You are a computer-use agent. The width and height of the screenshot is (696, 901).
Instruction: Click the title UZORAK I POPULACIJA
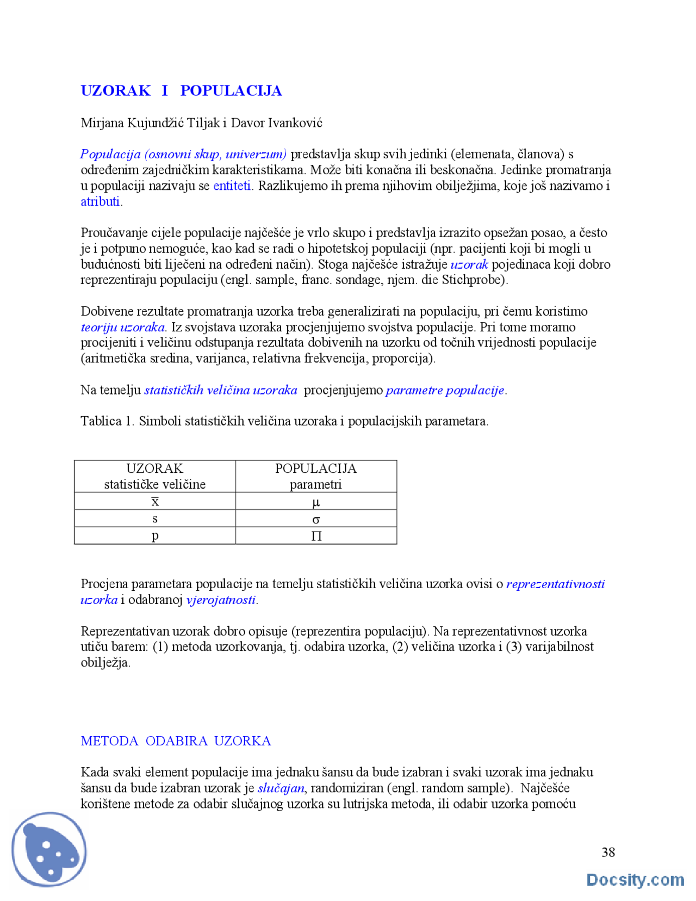click(x=181, y=90)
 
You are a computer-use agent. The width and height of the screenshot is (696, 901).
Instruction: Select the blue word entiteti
click(x=232, y=186)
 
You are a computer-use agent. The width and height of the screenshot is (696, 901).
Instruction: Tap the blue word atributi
click(x=100, y=202)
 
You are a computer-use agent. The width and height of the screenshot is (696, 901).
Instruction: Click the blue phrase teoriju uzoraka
click(x=123, y=327)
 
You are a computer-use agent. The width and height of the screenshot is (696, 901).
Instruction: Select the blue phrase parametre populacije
click(x=445, y=390)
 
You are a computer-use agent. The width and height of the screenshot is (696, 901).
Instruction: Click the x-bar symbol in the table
click(x=155, y=501)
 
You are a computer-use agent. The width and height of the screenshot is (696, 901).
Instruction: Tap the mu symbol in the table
click(x=316, y=502)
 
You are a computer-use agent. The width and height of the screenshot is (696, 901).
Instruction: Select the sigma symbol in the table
click(x=316, y=519)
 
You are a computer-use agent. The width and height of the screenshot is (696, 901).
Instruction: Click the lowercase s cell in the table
click(x=155, y=519)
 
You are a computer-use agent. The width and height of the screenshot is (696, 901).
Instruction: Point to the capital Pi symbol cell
click(x=316, y=536)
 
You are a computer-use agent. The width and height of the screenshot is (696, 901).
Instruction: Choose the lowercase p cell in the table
click(x=155, y=536)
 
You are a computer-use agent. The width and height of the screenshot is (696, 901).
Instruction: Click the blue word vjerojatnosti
click(x=221, y=600)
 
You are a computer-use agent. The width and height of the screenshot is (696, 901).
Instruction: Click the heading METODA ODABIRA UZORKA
click(x=176, y=741)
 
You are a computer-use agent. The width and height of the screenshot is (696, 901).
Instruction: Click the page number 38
click(x=608, y=852)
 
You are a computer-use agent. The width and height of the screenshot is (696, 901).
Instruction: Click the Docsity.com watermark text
click(x=635, y=880)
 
